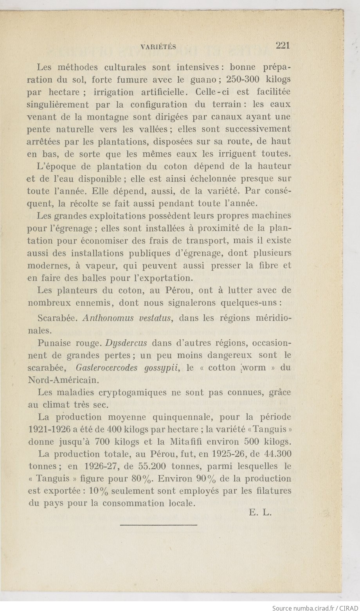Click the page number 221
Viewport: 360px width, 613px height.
tap(283, 45)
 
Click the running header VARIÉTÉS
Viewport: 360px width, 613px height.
tap(158, 47)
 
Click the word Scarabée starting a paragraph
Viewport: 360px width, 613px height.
tap(59, 318)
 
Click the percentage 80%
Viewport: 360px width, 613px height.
tap(137, 479)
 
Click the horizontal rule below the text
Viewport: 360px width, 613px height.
tap(158, 525)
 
